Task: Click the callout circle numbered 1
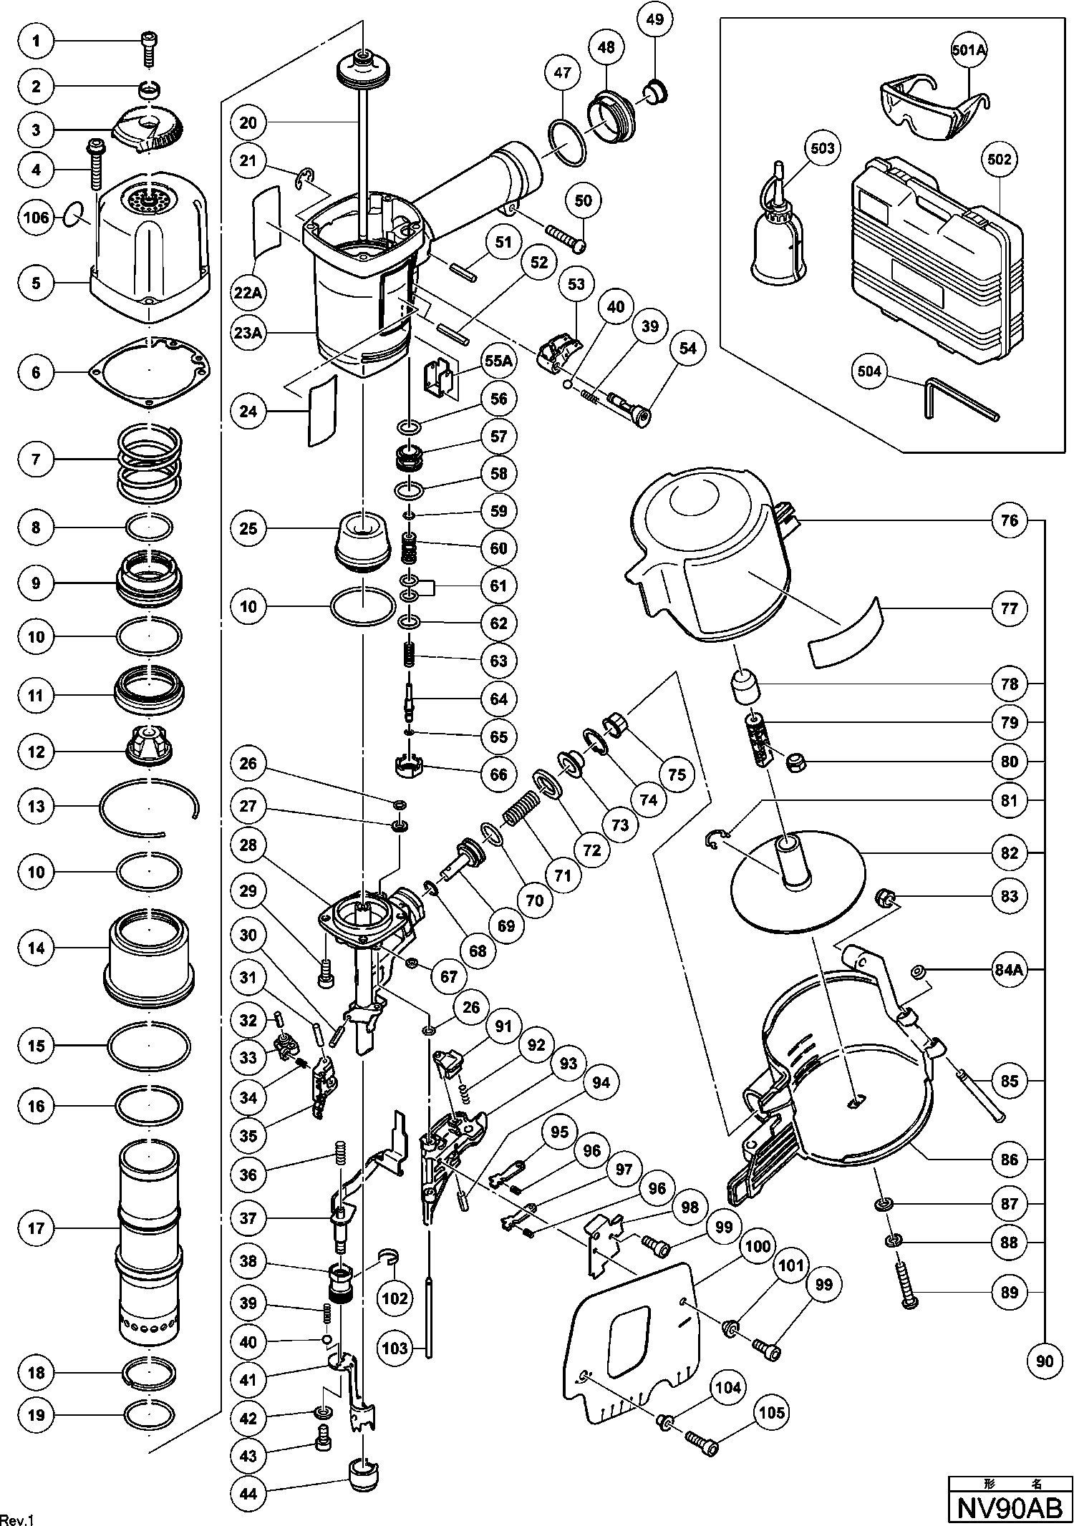[36, 42]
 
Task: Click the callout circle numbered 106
[36, 217]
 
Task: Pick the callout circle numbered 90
[1045, 1360]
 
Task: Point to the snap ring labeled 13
[149, 807]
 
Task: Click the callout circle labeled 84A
[1010, 971]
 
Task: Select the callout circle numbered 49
[654, 20]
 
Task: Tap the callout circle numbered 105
[771, 1412]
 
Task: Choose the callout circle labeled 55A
[498, 361]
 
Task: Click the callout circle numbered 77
[1010, 608]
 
